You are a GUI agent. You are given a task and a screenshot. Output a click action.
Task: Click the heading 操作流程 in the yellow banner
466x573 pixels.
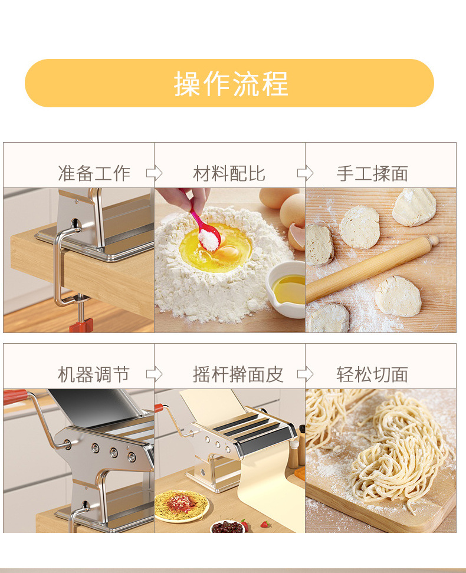[231, 83]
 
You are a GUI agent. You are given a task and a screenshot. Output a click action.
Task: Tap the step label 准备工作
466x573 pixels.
[94, 173]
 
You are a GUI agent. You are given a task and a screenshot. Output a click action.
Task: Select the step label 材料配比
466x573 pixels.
[229, 173]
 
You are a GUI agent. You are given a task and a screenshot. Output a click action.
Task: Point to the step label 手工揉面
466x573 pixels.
[372, 173]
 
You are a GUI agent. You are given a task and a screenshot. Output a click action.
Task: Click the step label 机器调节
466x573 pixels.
[94, 374]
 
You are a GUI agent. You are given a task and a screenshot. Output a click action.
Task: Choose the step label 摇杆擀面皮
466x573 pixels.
[238, 374]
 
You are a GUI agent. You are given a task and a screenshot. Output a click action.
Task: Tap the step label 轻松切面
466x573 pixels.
[372, 374]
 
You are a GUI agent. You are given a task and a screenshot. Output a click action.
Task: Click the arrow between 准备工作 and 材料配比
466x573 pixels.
[154, 173]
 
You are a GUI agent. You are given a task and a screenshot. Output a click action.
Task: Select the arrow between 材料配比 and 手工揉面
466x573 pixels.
[305, 173]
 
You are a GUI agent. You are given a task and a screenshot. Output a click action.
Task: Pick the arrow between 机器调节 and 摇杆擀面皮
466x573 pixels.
[154, 374]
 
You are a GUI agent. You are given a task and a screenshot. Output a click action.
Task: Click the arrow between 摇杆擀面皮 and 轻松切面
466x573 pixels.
[305, 374]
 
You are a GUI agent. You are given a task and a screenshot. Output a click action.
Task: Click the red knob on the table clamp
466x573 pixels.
[81, 325]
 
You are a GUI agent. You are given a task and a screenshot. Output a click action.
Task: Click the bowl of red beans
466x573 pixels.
[227, 526]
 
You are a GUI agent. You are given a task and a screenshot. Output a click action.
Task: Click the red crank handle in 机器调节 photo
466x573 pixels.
[15, 396]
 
